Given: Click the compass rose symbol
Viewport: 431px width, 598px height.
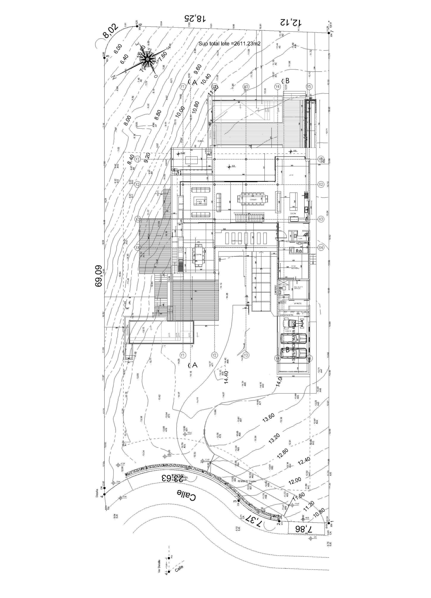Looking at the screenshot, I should (146, 60).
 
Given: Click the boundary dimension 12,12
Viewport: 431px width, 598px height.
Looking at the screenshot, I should (290, 22).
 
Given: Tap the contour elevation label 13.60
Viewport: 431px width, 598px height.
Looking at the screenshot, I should (268, 418).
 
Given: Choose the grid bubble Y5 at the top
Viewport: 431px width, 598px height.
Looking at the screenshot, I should (309, 87).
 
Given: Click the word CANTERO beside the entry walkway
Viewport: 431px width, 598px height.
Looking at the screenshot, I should (276, 290).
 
